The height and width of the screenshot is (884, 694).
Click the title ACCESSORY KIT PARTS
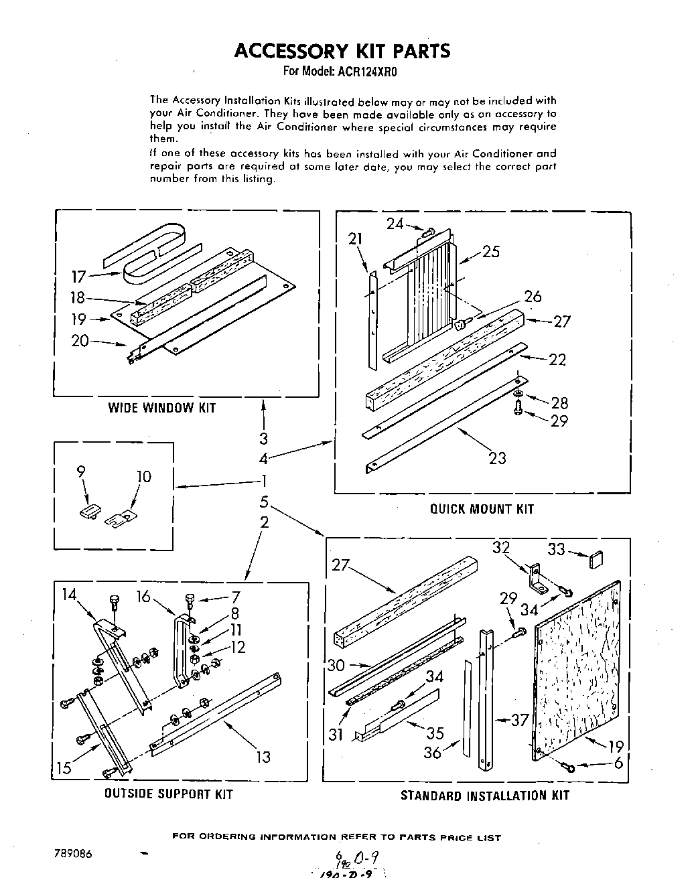point(342,51)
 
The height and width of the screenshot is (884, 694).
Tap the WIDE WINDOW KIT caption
point(162,408)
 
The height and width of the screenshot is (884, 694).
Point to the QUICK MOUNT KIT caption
point(482,509)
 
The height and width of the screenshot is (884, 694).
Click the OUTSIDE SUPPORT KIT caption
point(168,794)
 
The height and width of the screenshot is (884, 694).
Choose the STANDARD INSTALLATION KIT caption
point(484,796)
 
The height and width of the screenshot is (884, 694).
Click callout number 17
point(80,277)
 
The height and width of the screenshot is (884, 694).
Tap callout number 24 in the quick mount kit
point(395,224)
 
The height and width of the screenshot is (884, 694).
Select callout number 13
point(263,757)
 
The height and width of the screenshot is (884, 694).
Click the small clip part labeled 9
point(88,513)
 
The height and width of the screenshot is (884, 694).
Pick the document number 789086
point(70,854)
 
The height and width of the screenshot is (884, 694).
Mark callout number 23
point(497,459)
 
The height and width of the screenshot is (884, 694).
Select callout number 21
point(355,238)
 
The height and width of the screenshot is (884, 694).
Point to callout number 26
point(533,296)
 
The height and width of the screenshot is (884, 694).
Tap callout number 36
point(433,752)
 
